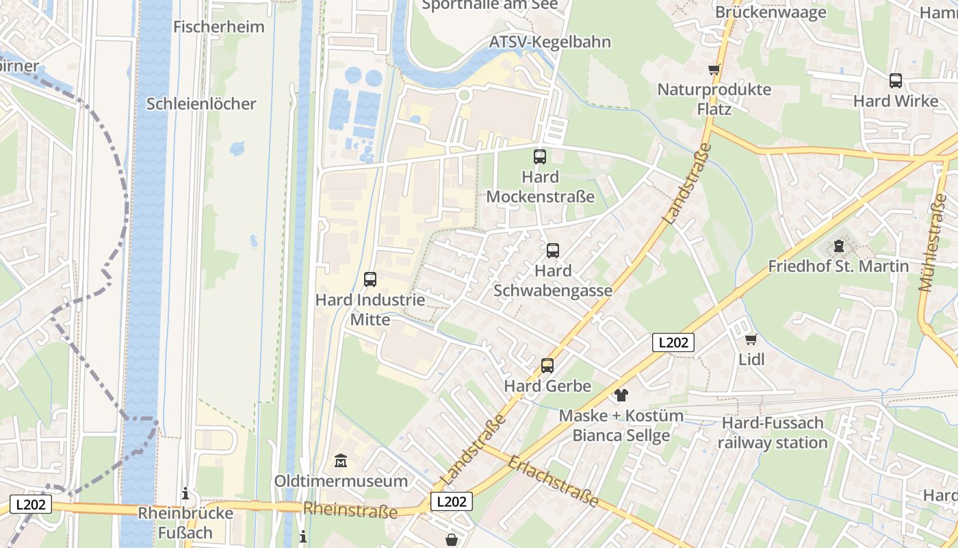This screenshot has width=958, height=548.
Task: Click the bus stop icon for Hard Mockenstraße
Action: point(540,157)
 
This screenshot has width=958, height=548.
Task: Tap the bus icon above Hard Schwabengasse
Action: point(553,251)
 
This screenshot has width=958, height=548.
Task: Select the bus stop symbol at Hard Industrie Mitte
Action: point(370,279)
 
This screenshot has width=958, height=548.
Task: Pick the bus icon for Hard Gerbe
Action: point(547,366)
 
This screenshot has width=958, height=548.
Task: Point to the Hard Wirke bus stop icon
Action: point(896,81)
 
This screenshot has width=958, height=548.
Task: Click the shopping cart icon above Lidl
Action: point(751,339)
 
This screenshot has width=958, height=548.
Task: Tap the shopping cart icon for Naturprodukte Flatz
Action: point(714,69)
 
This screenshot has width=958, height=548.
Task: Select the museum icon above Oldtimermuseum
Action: point(341,461)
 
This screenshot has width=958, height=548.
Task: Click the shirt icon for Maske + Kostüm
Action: point(621,395)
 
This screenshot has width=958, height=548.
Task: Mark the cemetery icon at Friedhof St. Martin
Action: point(839,246)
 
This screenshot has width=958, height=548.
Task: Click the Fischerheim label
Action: point(219,27)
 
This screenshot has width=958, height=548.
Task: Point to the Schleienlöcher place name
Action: point(201,103)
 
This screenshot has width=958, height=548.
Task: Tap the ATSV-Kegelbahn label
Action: point(550,42)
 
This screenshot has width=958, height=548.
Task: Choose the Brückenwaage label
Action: point(771,12)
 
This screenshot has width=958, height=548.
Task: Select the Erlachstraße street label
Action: point(554,481)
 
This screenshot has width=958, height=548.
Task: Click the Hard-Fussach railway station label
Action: point(773,432)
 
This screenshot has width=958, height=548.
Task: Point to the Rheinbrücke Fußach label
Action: point(185,523)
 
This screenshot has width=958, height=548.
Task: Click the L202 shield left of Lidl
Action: point(673,342)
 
